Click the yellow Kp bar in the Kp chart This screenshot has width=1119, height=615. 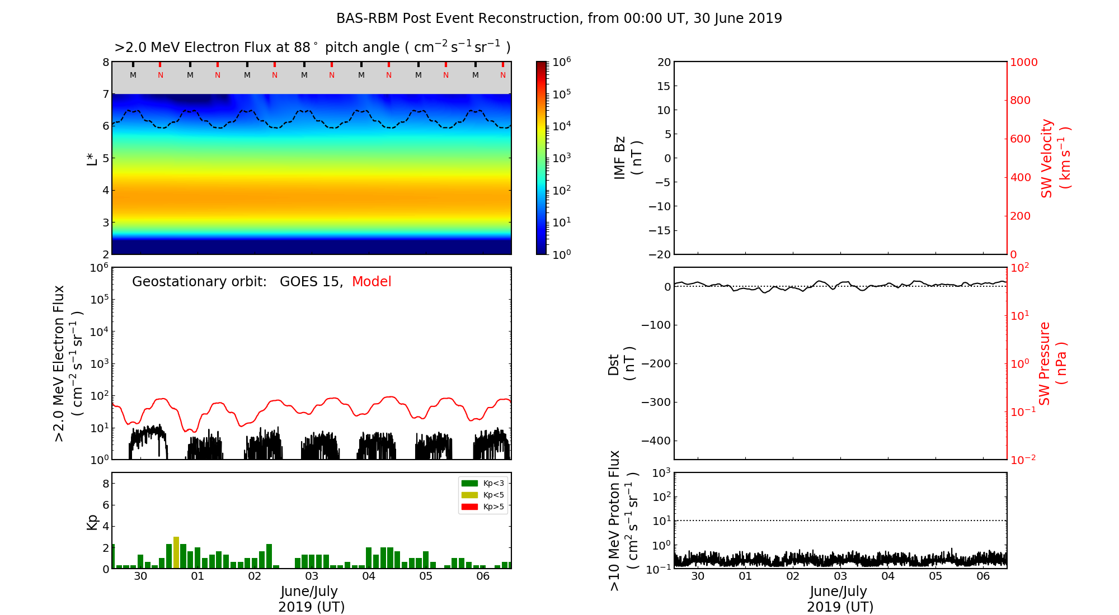point(176,552)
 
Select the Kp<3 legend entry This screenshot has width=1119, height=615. point(482,483)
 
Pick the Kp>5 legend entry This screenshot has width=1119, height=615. point(482,507)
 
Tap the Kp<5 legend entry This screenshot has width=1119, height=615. point(482,495)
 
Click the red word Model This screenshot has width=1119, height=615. point(372,282)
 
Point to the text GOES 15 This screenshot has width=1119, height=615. point(311,282)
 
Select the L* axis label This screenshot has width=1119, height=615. point(92,158)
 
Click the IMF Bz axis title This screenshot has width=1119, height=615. point(628,158)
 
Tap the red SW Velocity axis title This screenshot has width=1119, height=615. point(1055,158)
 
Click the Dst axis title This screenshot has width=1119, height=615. point(621,363)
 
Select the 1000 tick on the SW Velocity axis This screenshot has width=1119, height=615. point(1023,62)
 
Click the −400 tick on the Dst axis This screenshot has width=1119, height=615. point(656,441)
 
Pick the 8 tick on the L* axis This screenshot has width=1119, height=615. point(106,62)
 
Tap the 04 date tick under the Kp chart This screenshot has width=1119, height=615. point(369,576)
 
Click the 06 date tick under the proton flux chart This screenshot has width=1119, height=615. point(983,576)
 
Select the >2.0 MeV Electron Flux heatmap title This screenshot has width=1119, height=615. point(312,48)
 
